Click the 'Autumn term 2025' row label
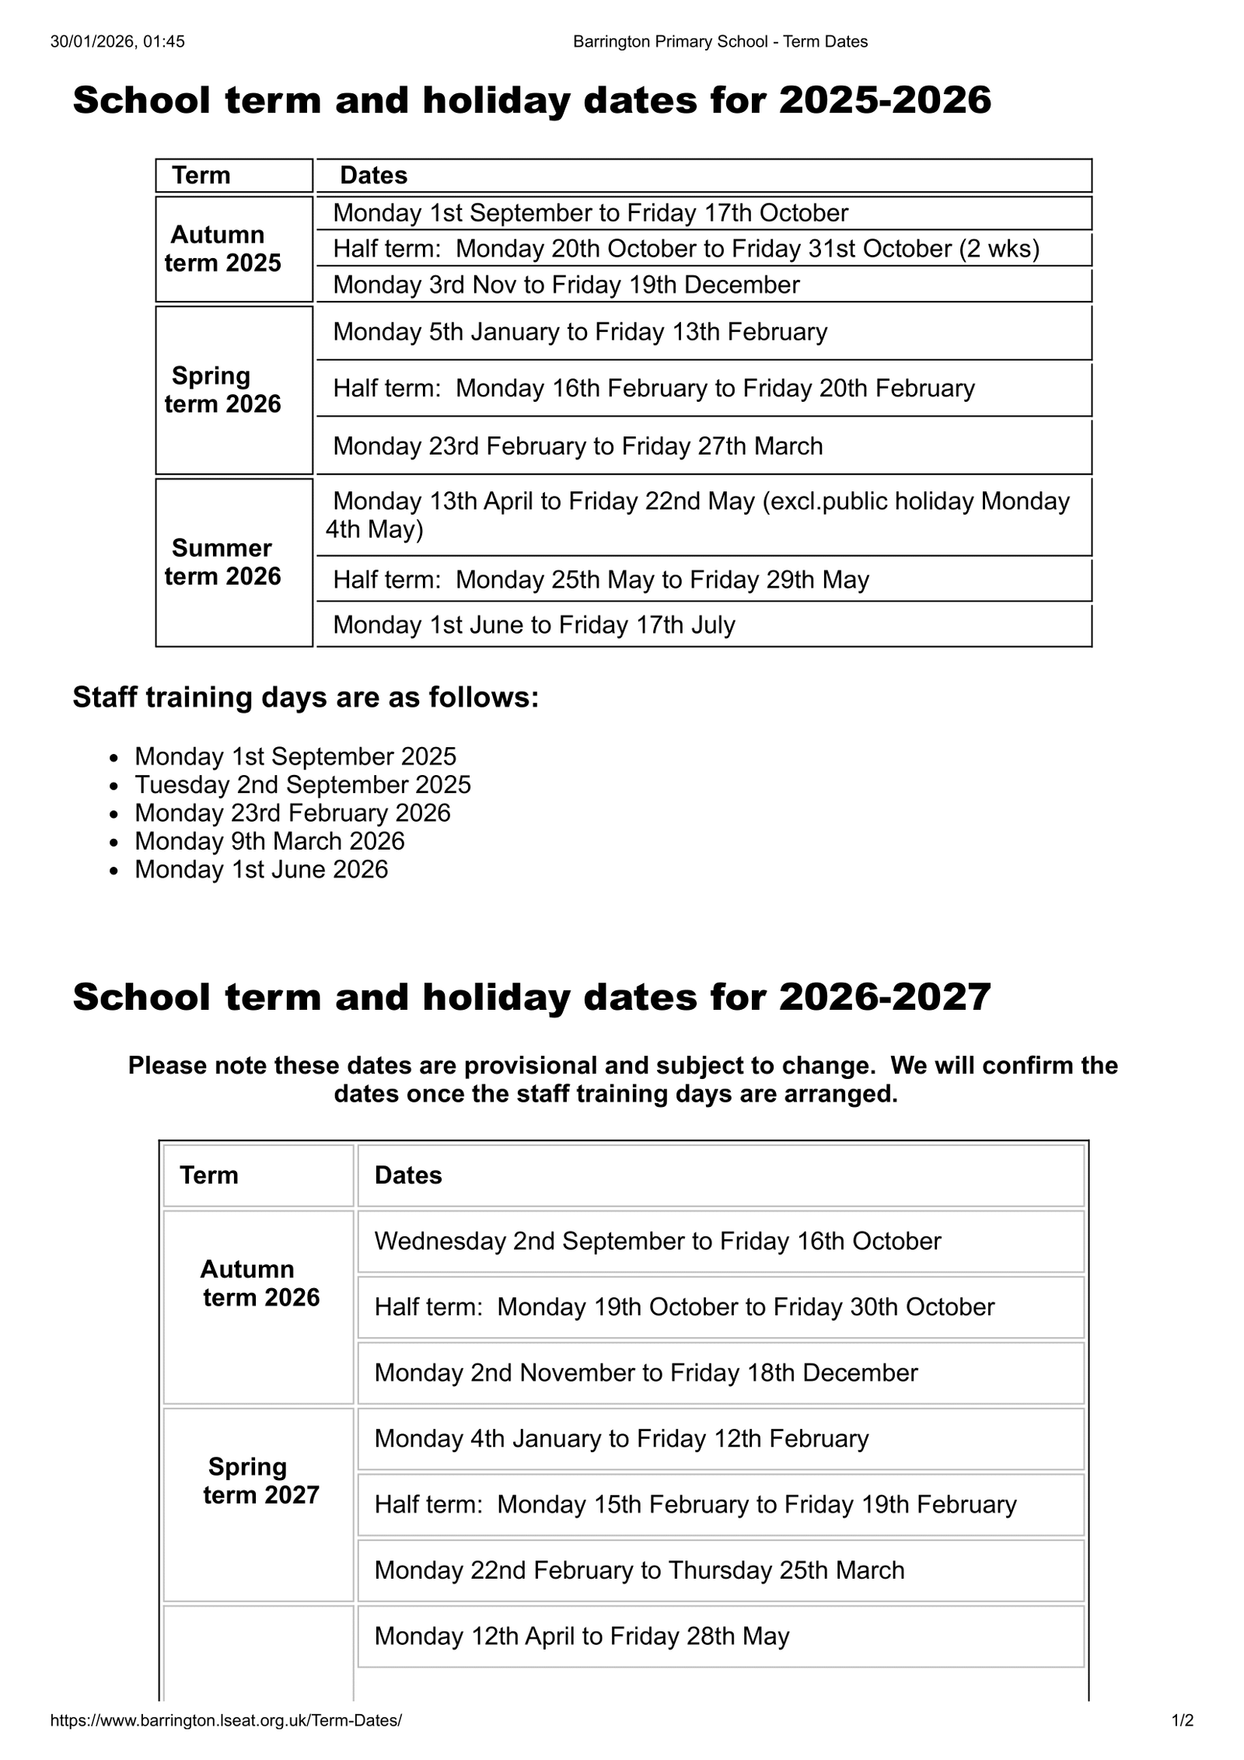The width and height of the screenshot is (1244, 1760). [x=222, y=249]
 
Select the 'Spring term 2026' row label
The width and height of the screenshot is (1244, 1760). [x=222, y=389]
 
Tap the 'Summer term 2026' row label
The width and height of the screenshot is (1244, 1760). [x=222, y=562]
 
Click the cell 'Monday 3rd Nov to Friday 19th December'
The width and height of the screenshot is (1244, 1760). [x=566, y=285]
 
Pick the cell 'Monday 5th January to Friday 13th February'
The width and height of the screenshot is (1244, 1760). [x=580, y=332]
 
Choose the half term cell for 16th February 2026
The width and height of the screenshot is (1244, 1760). [x=653, y=388]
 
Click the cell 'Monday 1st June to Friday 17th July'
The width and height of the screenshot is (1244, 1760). [x=533, y=625]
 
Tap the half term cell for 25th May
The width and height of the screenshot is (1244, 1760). [x=600, y=580]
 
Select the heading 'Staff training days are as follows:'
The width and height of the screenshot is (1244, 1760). [x=306, y=697]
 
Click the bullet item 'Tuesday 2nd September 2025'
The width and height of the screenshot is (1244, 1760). [x=302, y=784]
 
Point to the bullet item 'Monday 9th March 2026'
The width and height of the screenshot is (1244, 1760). [x=269, y=841]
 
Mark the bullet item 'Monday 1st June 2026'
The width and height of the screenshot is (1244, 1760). [x=261, y=869]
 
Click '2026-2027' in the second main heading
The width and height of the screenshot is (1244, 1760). [x=885, y=997]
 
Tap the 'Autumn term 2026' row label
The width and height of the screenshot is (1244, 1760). [x=260, y=1283]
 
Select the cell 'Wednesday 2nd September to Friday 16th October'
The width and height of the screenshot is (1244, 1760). [x=657, y=1241]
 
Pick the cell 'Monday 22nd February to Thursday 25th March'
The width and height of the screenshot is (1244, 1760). [x=639, y=1570]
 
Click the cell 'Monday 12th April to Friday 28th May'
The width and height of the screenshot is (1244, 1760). [x=582, y=1636]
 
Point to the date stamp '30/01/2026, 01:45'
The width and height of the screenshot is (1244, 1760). [x=117, y=42]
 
